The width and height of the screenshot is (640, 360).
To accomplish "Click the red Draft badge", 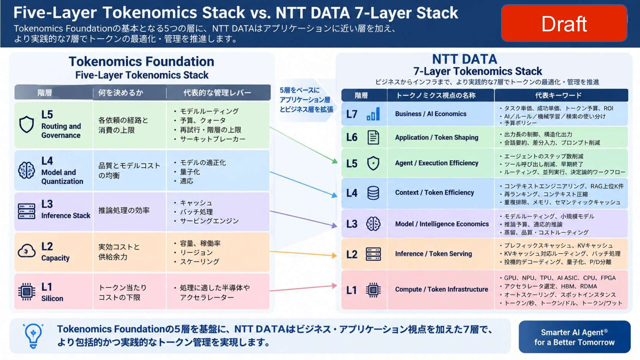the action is (564, 23).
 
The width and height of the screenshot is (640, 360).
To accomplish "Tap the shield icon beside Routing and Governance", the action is (27, 125).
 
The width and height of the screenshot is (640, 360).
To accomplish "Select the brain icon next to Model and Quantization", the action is (27, 170).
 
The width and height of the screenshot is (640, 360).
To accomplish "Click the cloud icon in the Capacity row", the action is (27, 251).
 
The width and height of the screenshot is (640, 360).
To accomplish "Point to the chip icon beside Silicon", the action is (27, 292).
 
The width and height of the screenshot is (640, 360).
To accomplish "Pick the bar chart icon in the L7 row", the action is (373, 114).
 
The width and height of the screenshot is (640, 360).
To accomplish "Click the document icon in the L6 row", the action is (373, 137).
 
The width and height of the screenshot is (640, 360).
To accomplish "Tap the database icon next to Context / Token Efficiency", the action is (373, 193).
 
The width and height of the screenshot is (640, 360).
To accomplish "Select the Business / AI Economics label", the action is (431, 114).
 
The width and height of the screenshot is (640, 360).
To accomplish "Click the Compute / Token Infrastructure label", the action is (442, 289).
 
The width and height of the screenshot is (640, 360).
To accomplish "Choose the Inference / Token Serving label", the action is (433, 254).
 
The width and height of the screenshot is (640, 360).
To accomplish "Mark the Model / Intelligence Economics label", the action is (442, 224).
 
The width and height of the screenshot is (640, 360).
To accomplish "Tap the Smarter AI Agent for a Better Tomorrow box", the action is (574, 337).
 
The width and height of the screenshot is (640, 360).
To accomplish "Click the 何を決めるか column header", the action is (121, 93).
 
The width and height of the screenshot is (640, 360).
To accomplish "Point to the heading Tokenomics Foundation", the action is (141, 62).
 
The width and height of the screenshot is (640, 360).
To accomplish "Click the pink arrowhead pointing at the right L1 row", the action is (334, 286).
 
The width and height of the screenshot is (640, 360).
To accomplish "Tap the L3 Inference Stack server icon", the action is (27, 211).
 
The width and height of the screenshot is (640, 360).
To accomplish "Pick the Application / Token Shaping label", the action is (437, 137).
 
